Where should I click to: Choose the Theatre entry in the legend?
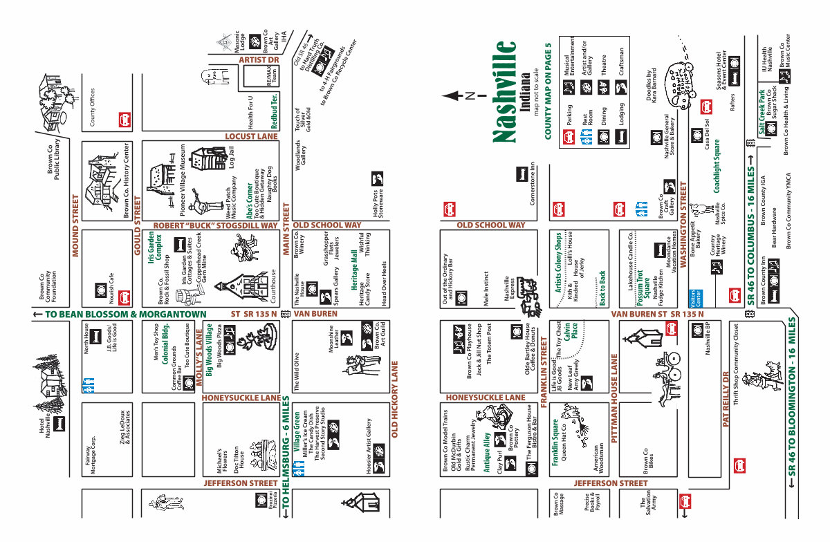click(603, 64)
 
